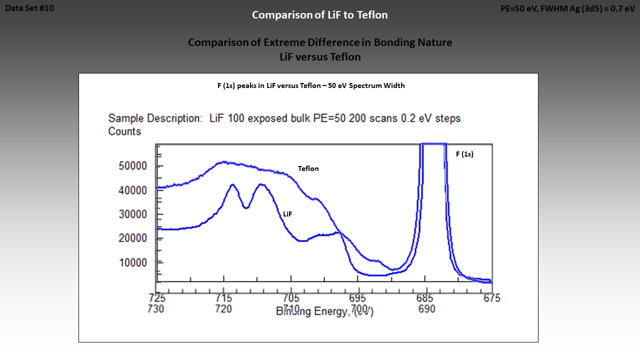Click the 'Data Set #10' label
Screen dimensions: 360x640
pos(29,8)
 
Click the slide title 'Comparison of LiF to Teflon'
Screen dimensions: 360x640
pos(320,15)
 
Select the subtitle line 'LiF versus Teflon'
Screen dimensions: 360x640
pos(320,57)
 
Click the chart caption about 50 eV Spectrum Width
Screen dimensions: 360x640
pos(311,85)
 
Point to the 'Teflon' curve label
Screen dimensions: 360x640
pos(308,168)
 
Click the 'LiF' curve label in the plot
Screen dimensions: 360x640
pos(287,214)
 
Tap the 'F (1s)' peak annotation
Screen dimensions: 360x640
pos(464,154)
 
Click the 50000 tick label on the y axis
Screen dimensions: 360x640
pos(132,166)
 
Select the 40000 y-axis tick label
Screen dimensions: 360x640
pos(132,190)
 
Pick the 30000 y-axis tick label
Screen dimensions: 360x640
pos(132,214)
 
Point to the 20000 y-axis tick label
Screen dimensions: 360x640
pos(132,238)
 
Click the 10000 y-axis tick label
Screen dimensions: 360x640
pos(132,262)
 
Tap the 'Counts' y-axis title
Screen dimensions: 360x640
pos(124,131)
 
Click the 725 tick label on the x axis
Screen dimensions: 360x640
pos(157,298)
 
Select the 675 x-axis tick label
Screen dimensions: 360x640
pos(492,298)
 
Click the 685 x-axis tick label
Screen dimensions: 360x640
pos(425,298)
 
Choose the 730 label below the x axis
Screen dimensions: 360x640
pos(156,309)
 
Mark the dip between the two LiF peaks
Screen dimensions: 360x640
pos(246,207)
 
